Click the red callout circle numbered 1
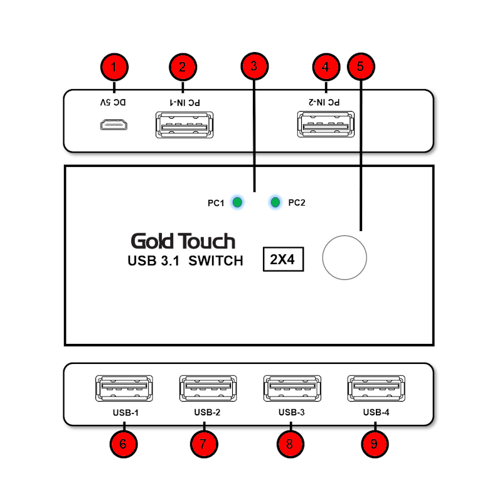coord(114,67)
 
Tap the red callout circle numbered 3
coord(254,66)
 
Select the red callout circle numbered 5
coord(360,67)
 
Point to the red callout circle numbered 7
coord(204,444)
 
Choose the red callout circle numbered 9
coord(375,444)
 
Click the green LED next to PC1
coord(237,202)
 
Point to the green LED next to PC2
coord(275,202)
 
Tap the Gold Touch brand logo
coord(183,241)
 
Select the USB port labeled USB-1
coord(122,388)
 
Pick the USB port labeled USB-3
coord(291,388)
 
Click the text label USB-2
coord(207,413)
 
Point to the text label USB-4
coord(376,413)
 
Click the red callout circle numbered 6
coord(123,444)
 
